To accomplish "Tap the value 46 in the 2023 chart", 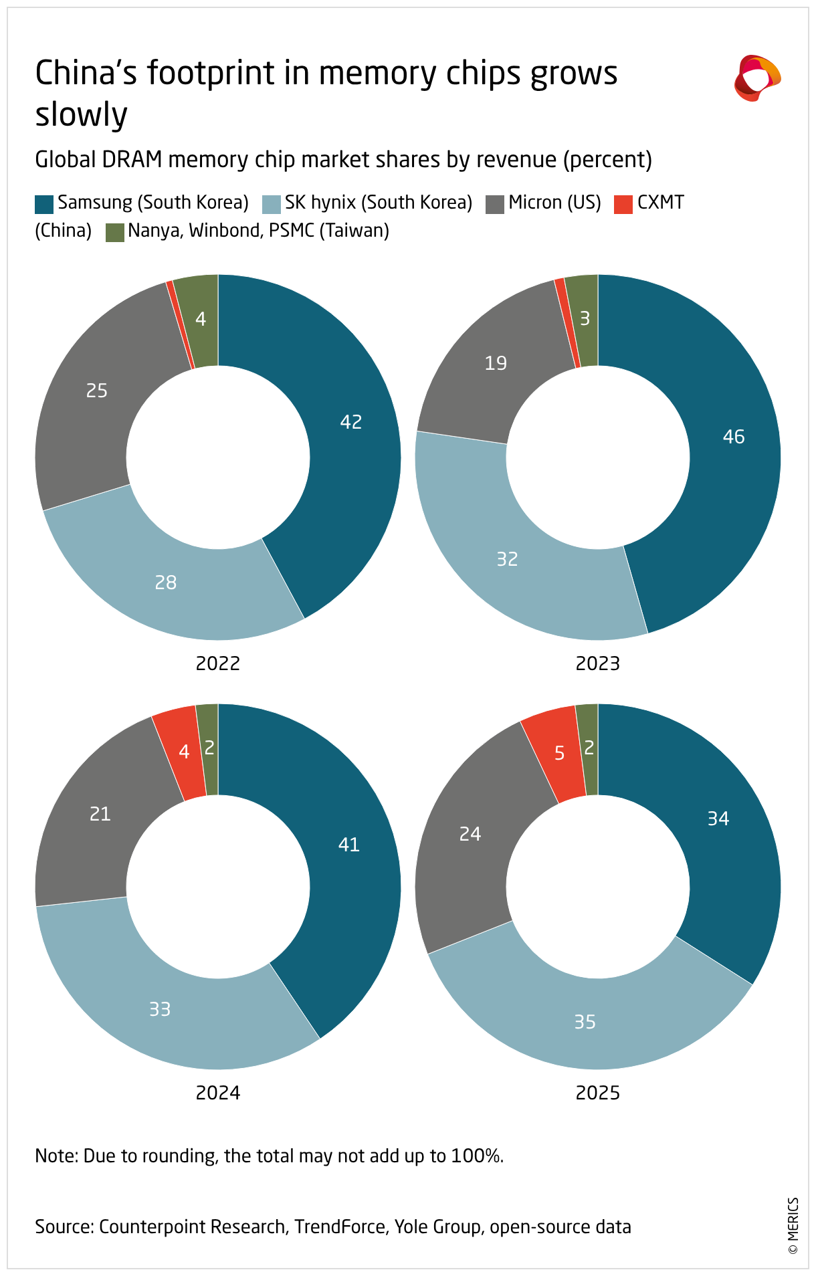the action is (x=734, y=437).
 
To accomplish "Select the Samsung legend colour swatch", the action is (x=44, y=204).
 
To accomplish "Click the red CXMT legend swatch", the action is (x=623, y=204).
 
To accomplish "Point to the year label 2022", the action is (x=218, y=663).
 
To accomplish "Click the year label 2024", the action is (x=218, y=1093).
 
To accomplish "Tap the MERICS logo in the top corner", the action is (x=757, y=78).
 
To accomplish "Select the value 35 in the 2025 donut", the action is (x=585, y=1022).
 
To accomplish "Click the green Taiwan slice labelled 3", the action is (x=583, y=320).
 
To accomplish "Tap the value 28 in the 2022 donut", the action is (x=166, y=582).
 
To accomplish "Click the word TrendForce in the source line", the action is (x=340, y=1227).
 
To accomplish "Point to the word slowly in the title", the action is (x=81, y=114).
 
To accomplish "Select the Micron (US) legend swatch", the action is (x=495, y=204).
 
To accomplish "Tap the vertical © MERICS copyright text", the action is (x=793, y=1225).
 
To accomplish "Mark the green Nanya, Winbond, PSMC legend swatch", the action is (x=115, y=232).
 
